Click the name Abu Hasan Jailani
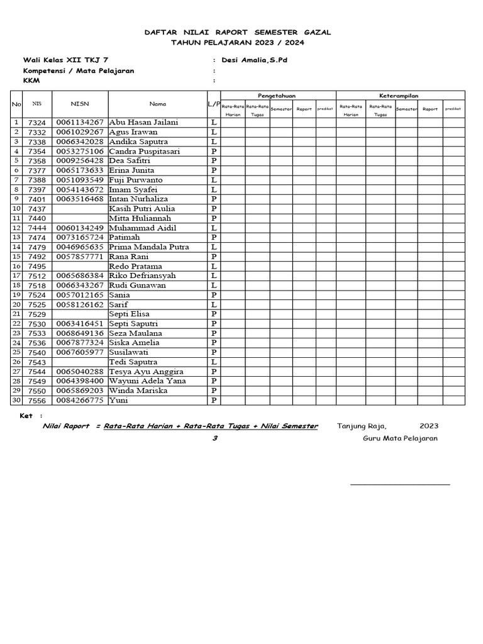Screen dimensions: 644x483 coord(143,123)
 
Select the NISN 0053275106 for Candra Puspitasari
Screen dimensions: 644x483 coord(80,152)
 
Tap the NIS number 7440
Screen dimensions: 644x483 coord(37,218)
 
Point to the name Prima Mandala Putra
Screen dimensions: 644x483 coord(149,247)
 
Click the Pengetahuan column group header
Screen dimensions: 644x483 coord(277,95)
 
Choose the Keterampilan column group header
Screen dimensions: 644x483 coord(399,95)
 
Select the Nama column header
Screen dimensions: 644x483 coord(158,103)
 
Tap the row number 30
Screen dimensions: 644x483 coord(16,401)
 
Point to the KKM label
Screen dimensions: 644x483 coord(31,80)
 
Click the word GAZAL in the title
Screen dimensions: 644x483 coord(316,32)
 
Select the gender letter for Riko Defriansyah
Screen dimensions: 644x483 coord(214,276)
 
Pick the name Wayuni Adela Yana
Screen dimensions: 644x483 coord(147,381)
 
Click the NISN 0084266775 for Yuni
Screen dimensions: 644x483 coord(80,401)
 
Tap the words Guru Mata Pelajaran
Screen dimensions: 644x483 coord(400,438)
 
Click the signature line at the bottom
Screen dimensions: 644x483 coord(400,485)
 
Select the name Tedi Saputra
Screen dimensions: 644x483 coord(133,362)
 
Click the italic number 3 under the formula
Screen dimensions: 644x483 coord(214,438)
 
